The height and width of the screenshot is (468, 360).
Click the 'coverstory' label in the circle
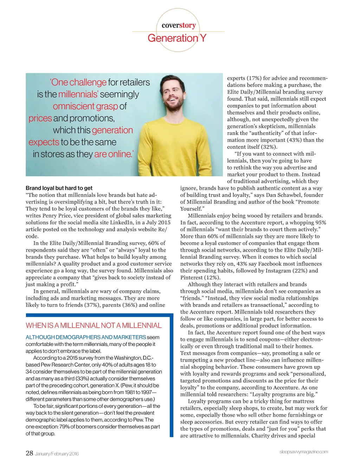click(x=179, y=25)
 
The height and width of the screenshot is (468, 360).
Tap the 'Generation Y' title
click(x=177, y=38)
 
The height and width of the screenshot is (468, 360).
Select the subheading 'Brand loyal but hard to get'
click(x=59, y=188)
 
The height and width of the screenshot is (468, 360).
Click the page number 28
click(x=29, y=453)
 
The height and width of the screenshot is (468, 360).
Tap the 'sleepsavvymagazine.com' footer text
click(x=303, y=452)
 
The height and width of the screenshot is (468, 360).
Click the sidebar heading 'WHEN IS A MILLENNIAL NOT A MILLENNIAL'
click(x=94, y=325)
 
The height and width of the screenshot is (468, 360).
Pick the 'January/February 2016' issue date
click(x=57, y=454)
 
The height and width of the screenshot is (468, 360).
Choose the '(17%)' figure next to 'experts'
click(x=253, y=78)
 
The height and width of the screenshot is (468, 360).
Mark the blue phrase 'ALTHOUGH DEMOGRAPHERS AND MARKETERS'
click(x=86, y=337)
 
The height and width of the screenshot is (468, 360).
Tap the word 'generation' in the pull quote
click(x=112, y=130)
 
